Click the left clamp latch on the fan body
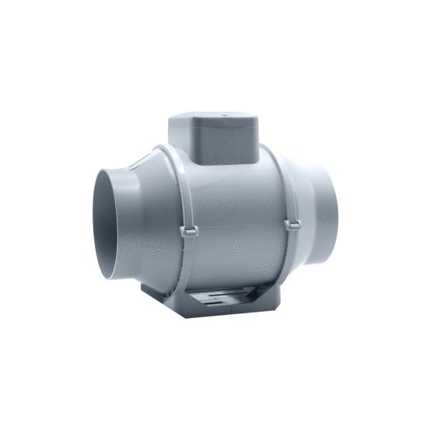[x=188, y=230]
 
